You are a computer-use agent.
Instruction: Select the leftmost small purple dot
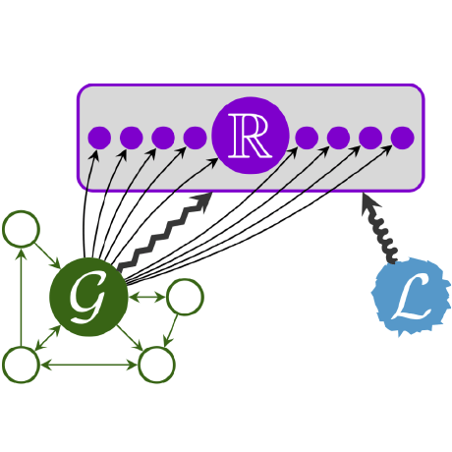(99, 138)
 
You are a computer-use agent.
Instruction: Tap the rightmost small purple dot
(402, 138)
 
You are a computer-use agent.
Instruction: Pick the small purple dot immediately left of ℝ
(194, 138)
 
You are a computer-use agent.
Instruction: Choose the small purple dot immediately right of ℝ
(307, 138)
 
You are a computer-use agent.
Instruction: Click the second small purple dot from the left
(131, 138)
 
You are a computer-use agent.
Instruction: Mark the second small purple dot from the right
(370, 138)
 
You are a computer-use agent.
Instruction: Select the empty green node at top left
(21, 230)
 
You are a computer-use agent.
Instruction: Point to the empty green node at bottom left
(21, 365)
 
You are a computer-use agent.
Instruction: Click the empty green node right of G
(185, 296)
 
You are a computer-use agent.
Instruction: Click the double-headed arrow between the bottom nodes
(88, 366)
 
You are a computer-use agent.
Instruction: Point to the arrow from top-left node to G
(47, 256)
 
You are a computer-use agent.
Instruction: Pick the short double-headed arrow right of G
(147, 296)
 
